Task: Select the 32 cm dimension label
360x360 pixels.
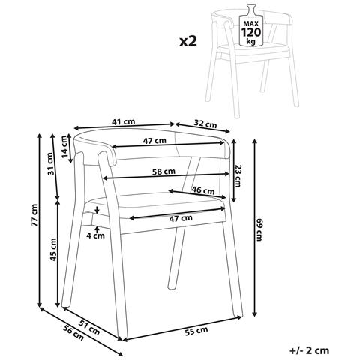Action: click(x=205, y=124)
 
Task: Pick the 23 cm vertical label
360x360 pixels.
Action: click(x=238, y=173)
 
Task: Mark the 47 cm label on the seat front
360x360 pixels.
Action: click(x=178, y=217)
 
